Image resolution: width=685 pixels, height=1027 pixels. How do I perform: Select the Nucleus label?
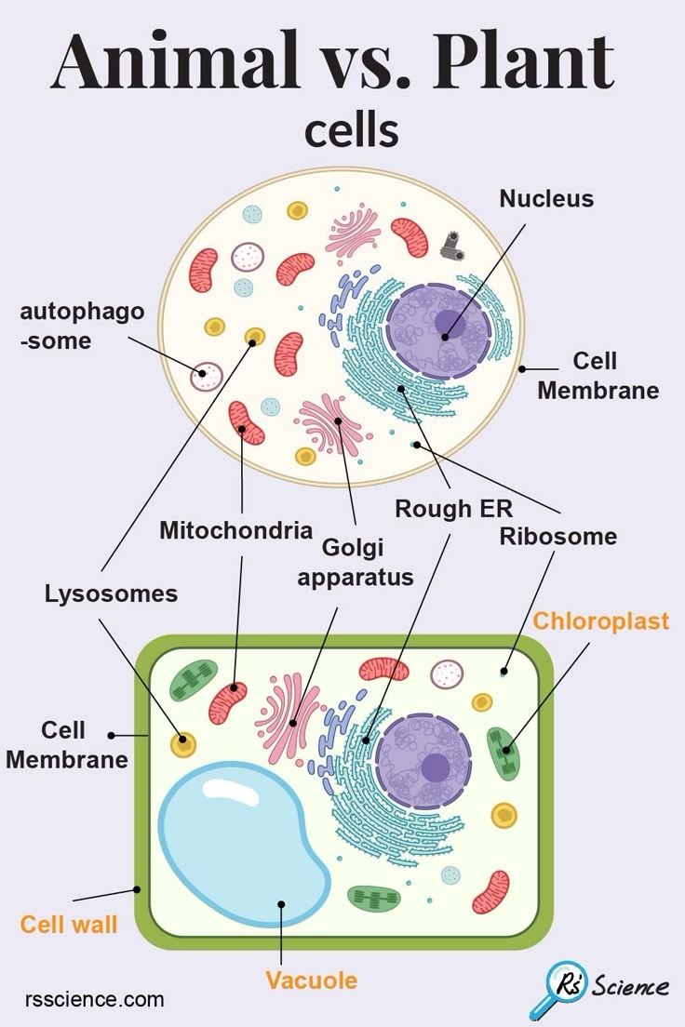(545, 198)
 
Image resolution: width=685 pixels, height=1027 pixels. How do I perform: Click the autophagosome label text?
(82, 326)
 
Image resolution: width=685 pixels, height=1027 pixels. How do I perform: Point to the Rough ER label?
(453, 509)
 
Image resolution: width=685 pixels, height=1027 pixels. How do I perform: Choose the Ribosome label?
(557, 537)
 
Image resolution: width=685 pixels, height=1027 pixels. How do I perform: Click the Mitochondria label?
(235, 531)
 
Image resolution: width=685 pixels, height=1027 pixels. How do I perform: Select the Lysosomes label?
(111, 594)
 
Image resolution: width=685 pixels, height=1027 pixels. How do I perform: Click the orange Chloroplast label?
(600, 620)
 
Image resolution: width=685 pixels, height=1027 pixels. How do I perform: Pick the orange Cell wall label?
(69, 925)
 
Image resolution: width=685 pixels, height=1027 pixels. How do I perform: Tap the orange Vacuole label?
(311, 980)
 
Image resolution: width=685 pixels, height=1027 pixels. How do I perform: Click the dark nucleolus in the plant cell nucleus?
(435, 767)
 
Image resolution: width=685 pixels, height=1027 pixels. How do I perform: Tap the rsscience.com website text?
(94, 1000)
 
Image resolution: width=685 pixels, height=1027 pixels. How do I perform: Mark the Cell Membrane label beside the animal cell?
(598, 375)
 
